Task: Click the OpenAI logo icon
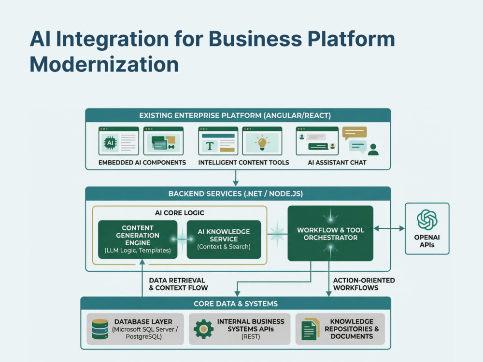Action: tap(427, 220)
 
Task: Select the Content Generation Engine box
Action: tap(138, 239)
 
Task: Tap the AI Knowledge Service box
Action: tap(224, 239)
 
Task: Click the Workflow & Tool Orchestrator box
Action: tap(330, 233)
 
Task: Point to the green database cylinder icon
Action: tap(100, 329)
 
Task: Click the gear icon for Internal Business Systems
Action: tap(203, 329)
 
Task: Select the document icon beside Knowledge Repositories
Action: tap(310, 329)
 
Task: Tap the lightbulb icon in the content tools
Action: tap(262, 142)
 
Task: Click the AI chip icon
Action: tap(110, 143)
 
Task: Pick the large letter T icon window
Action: tap(218, 140)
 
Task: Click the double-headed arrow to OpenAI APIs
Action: tap(389, 228)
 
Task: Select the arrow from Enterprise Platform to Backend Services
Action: tap(236, 178)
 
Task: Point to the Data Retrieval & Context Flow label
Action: tap(178, 284)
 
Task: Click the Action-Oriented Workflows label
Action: tap(364, 284)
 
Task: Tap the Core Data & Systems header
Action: tap(236, 304)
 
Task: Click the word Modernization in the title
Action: tap(104, 64)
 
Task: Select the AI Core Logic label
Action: tap(180, 213)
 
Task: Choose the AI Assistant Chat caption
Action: tap(337, 163)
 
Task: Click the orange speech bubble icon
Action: tap(355, 133)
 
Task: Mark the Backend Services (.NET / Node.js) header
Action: tap(236, 194)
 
